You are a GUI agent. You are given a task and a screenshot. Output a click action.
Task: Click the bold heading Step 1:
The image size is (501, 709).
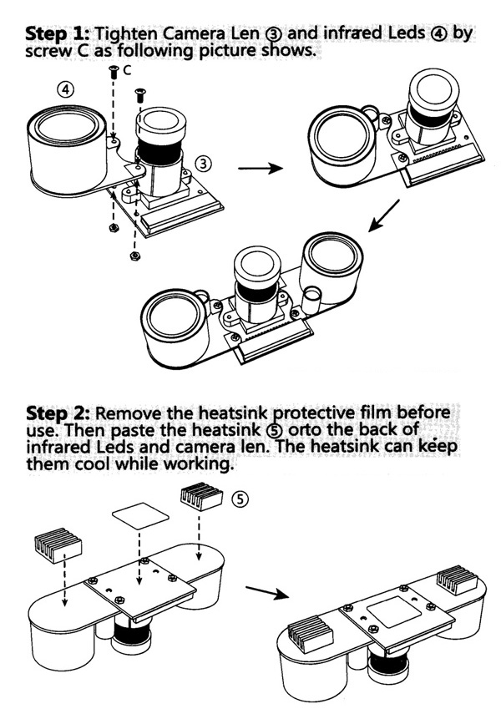pyautogui.click(x=58, y=35)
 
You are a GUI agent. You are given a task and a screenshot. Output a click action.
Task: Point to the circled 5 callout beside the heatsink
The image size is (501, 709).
pyautogui.click(x=238, y=500)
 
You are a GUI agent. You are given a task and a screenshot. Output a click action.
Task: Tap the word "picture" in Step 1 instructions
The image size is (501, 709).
pyautogui.click(x=224, y=51)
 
